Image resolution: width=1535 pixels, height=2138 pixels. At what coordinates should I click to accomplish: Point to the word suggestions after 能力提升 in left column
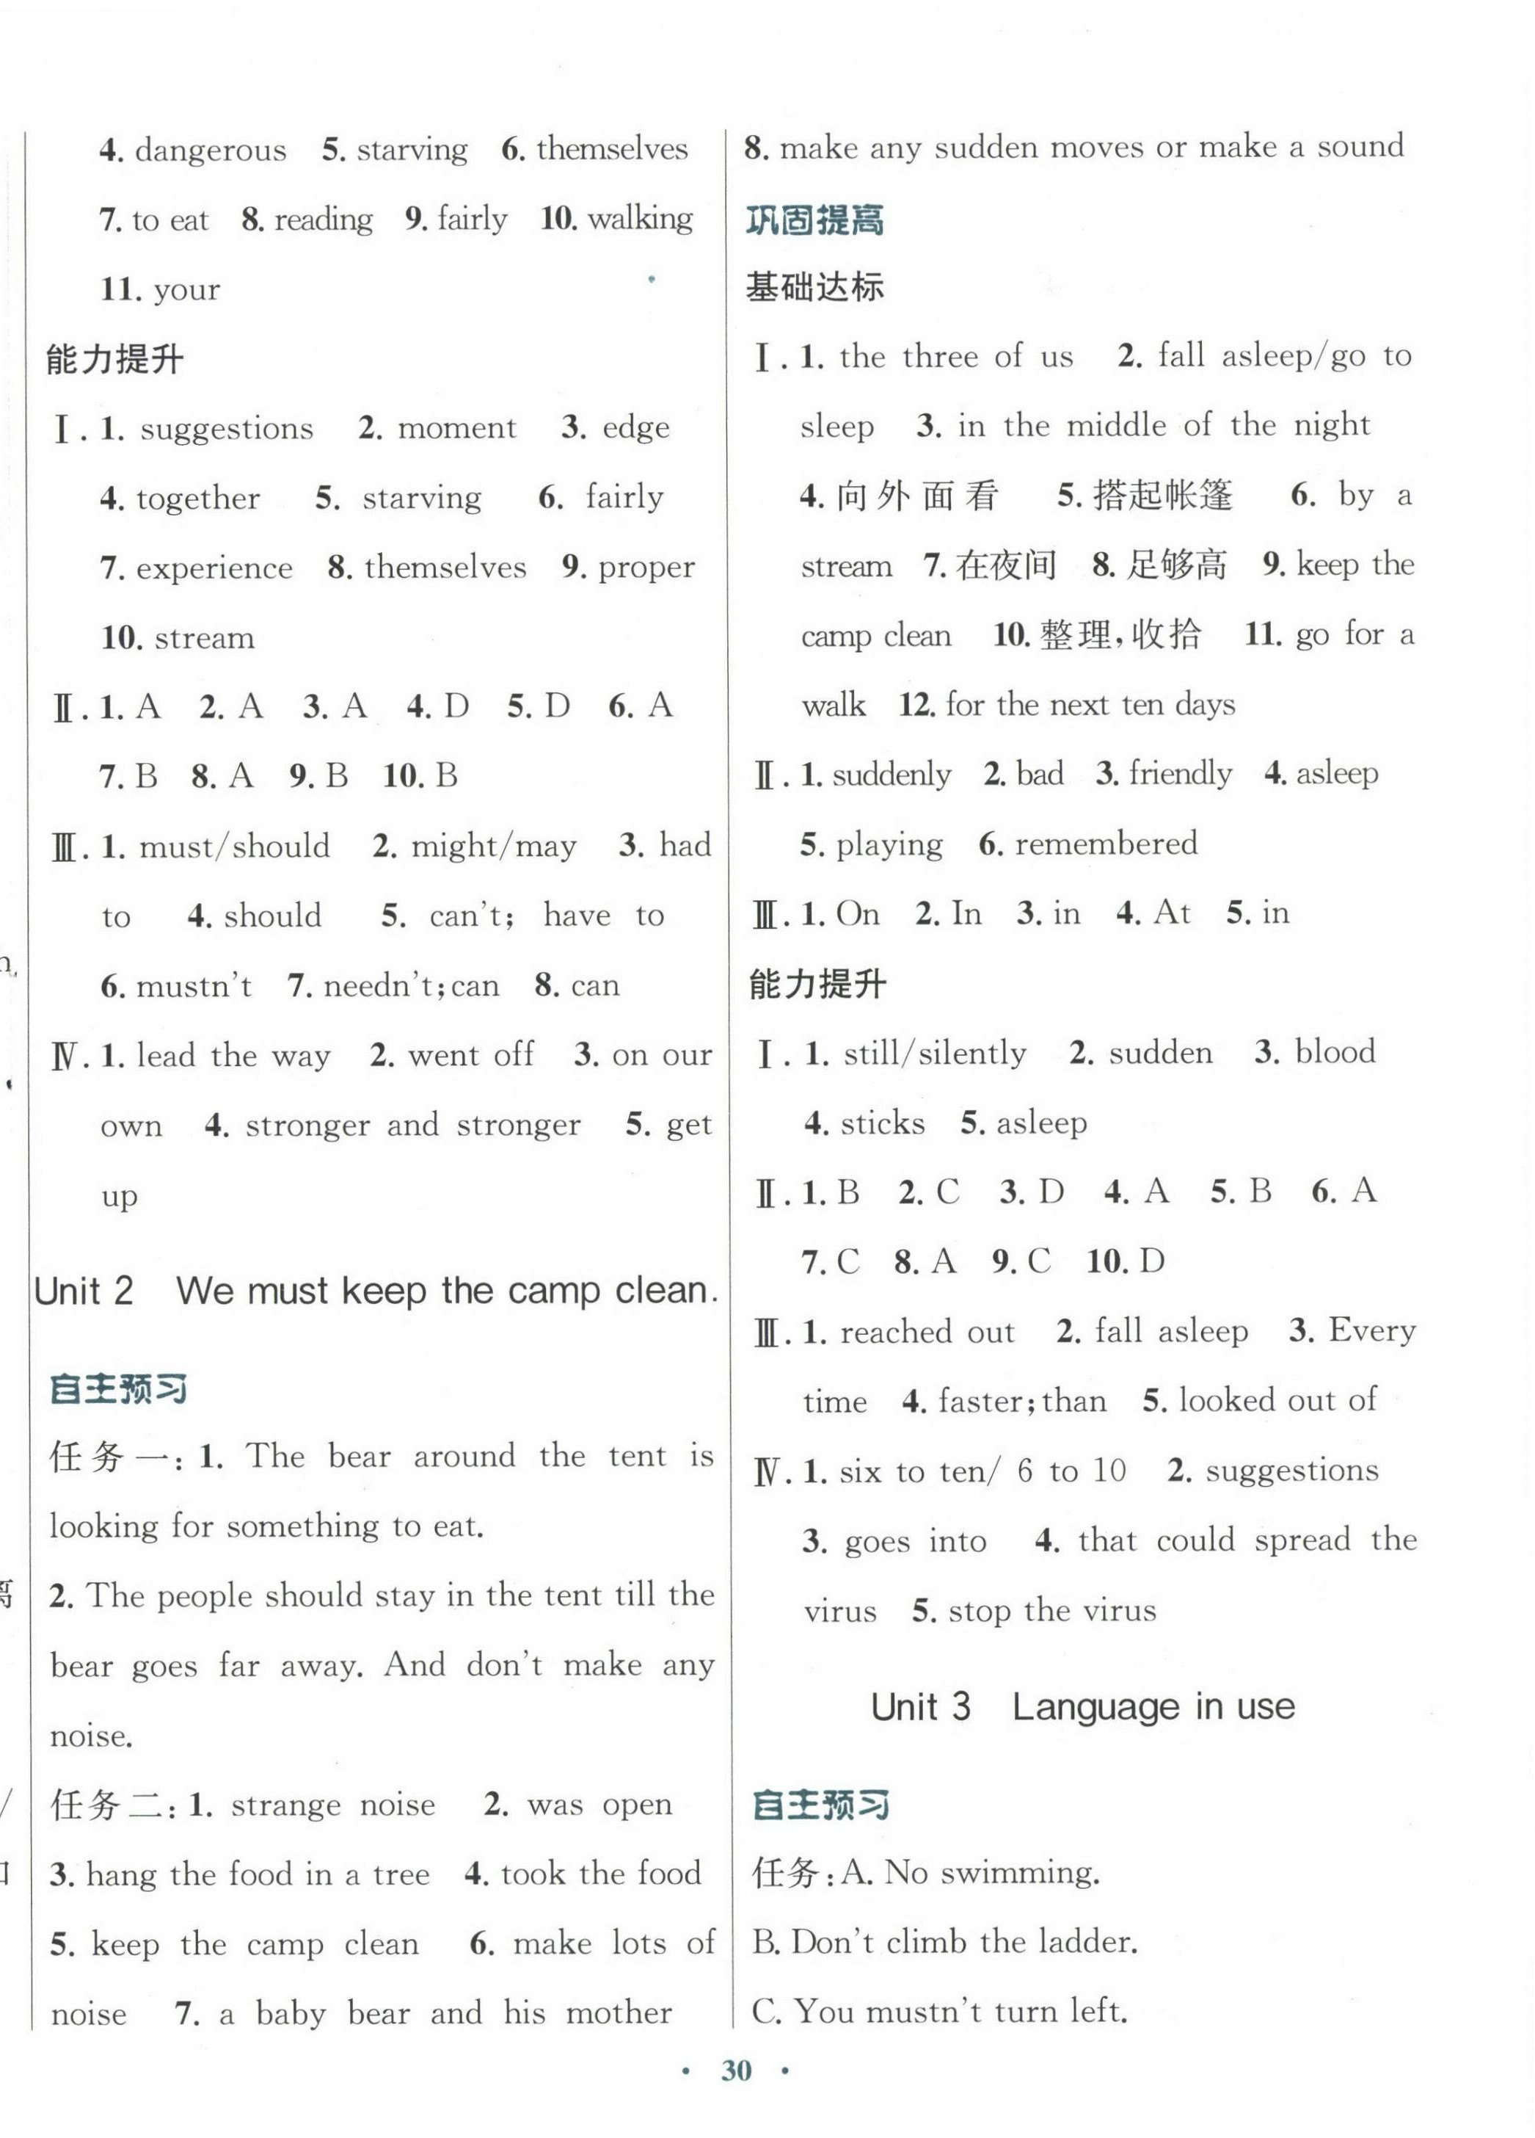[x=226, y=429]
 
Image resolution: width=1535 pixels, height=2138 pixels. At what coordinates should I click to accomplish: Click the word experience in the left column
[x=214, y=568]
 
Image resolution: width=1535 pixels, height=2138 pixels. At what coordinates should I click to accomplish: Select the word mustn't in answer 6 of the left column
[x=193, y=986]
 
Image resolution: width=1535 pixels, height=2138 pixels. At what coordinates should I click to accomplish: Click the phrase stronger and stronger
[x=412, y=1126]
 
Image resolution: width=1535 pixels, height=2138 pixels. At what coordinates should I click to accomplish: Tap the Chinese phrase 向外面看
[x=917, y=496]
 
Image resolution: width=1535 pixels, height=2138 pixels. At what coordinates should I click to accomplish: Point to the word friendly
[x=1180, y=774]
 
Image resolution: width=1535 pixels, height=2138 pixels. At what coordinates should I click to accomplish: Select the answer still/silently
[x=935, y=1053]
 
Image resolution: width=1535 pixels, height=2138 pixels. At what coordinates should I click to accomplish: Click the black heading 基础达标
[x=814, y=286]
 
